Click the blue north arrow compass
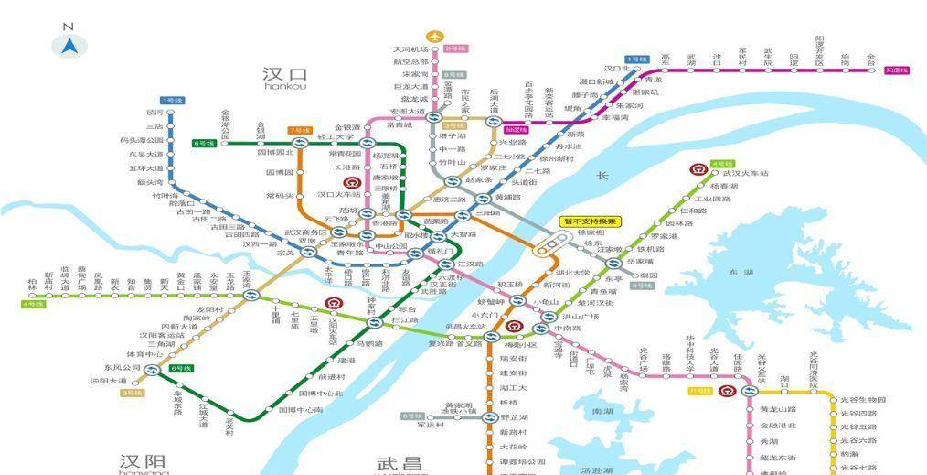(x=69, y=43)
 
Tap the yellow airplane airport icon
(x=434, y=38)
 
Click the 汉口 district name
(x=284, y=74)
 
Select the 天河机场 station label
(x=410, y=49)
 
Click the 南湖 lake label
(x=602, y=412)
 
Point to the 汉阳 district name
(x=143, y=460)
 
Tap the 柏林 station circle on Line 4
(x=33, y=296)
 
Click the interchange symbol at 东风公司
(x=152, y=370)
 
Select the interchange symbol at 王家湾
(x=248, y=296)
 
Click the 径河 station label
(x=154, y=113)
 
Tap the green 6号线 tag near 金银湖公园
(x=203, y=143)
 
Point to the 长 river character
(x=602, y=176)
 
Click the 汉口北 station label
(x=622, y=69)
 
